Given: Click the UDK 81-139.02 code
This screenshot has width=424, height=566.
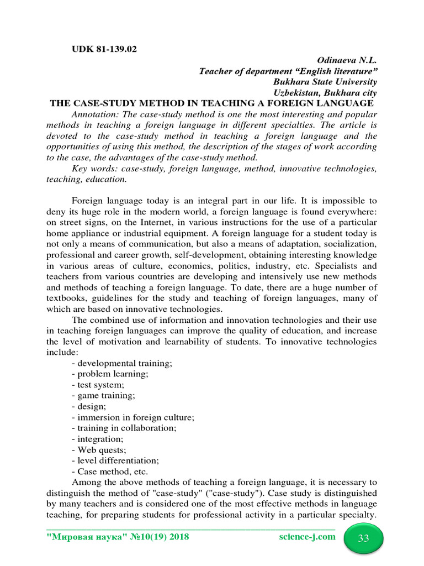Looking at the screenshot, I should point(104,49).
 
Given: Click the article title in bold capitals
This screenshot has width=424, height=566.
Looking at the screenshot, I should point(212,103).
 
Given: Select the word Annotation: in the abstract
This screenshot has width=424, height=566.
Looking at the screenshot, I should point(93,114).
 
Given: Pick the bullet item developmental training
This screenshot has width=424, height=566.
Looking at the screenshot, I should point(122,363).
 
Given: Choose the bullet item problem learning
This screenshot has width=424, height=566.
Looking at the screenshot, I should point(110,374).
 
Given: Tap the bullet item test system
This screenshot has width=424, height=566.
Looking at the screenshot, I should point(98,385).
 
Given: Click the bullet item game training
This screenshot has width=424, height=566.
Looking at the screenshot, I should point(103,396).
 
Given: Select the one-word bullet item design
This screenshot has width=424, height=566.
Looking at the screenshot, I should point(88,406).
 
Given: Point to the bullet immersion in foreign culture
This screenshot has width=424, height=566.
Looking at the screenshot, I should point(133,417).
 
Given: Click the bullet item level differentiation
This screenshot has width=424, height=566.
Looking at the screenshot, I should point(115,460).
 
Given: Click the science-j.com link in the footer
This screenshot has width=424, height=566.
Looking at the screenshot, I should point(307,537).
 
